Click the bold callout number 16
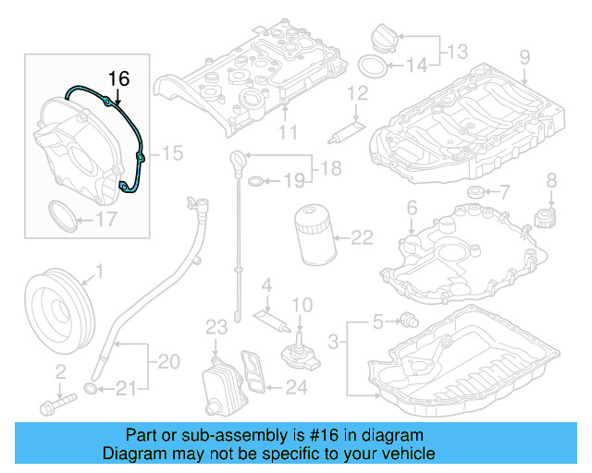[120, 79]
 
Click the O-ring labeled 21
[92, 387]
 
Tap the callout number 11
[289, 132]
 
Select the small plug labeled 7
[475, 192]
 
